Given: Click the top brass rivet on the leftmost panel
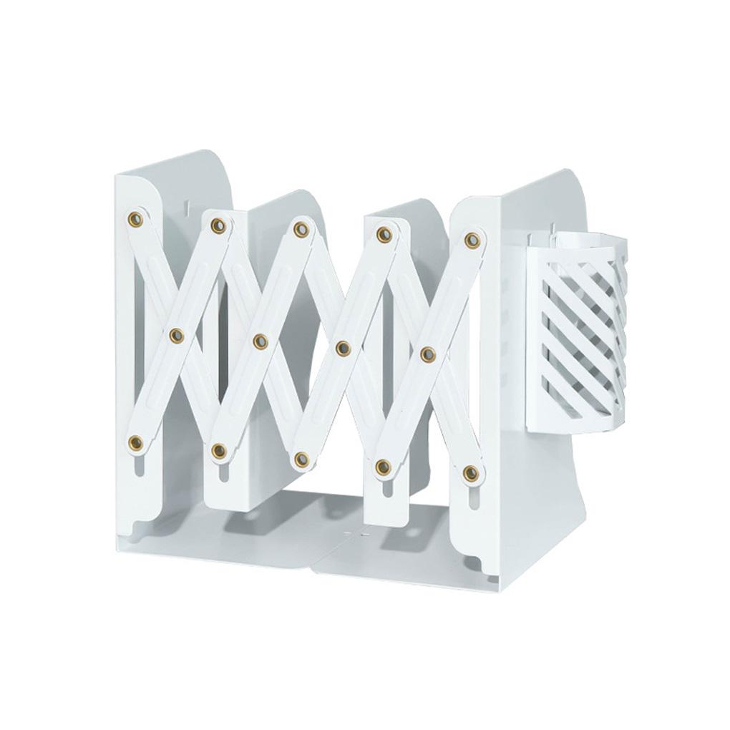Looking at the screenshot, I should click(135, 219).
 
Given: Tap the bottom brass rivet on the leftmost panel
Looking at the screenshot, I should click(135, 443).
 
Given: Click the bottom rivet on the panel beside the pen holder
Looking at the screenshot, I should click(470, 473).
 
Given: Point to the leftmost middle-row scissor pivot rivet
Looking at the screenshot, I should click(177, 335).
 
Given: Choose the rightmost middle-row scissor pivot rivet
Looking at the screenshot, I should click(428, 354).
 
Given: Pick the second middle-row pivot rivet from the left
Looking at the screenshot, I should click(261, 341).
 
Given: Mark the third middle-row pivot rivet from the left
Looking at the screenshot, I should click(344, 348).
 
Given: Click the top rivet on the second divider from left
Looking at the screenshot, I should click(218, 225).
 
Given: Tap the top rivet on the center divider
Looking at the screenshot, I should click(301, 230).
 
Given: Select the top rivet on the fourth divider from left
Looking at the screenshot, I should click(384, 234).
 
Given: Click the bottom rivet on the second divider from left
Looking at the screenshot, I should click(219, 451).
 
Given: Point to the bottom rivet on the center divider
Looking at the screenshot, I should click(302, 459).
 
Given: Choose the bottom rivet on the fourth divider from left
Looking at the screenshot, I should click(384, 467).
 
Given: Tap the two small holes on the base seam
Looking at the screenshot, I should click(356, 534).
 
